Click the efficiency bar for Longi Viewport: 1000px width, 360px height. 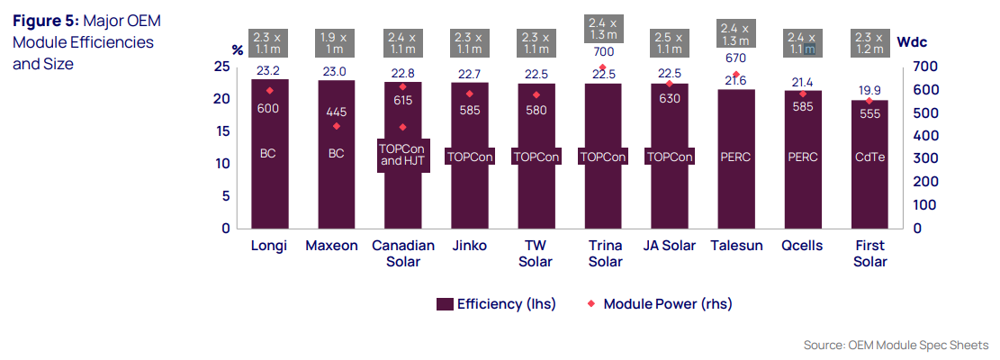pos(269,180)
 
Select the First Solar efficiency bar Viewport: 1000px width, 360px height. pos(869,189)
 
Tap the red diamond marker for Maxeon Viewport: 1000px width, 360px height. pos(337,126)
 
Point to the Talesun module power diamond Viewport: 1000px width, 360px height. pos(735,75)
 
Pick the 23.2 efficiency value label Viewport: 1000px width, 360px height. pos(269,70)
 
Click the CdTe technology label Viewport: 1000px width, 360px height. pos(869,156)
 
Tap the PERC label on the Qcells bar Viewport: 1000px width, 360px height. pos(802,156)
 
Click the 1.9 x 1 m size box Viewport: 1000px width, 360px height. pos(337,42)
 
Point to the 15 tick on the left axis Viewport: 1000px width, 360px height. pos(221,131)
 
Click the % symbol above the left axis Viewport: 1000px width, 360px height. pos(238,49)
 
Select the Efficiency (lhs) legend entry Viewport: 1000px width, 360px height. pos(495,304)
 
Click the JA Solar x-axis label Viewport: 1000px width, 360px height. pos(670,246)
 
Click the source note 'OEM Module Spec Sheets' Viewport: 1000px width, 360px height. pos(917,346)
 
